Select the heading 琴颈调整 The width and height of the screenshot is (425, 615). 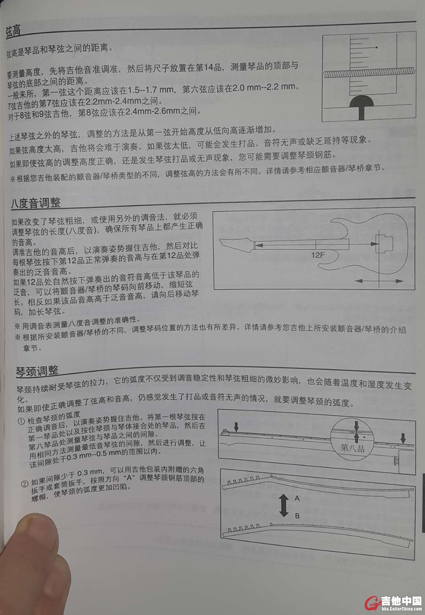click(x=37, y=371)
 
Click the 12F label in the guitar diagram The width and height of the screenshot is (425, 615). click(x=318, y=255)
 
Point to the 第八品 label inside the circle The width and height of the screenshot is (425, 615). click(x=353, y=448)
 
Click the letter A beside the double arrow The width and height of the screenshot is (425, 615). click(x=297, y=498)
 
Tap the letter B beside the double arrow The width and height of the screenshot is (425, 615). click(x=297, y=516)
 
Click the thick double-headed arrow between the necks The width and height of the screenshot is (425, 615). click(x=283, y=505)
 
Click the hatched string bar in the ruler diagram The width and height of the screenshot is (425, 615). click(x=369, y=73)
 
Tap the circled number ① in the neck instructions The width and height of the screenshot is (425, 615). click(x=21, y=422)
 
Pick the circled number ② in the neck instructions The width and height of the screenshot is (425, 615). click(x=25, y=483)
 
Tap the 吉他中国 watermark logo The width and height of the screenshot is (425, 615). click(x=394, y=603)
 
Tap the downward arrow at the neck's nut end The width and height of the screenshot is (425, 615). click(x=236, y=427)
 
